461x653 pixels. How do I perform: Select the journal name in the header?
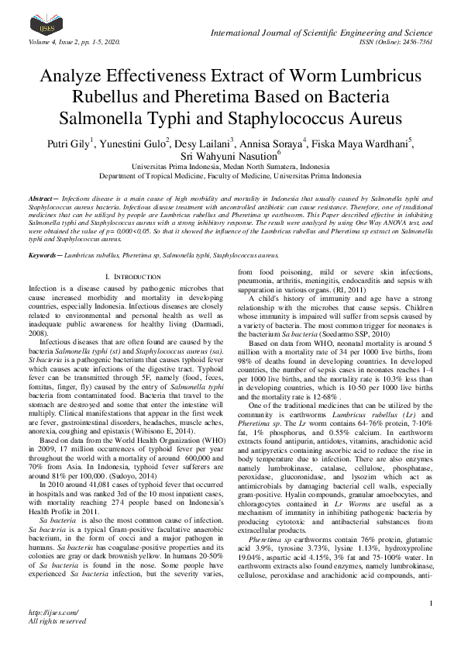(x=324, y=31)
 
